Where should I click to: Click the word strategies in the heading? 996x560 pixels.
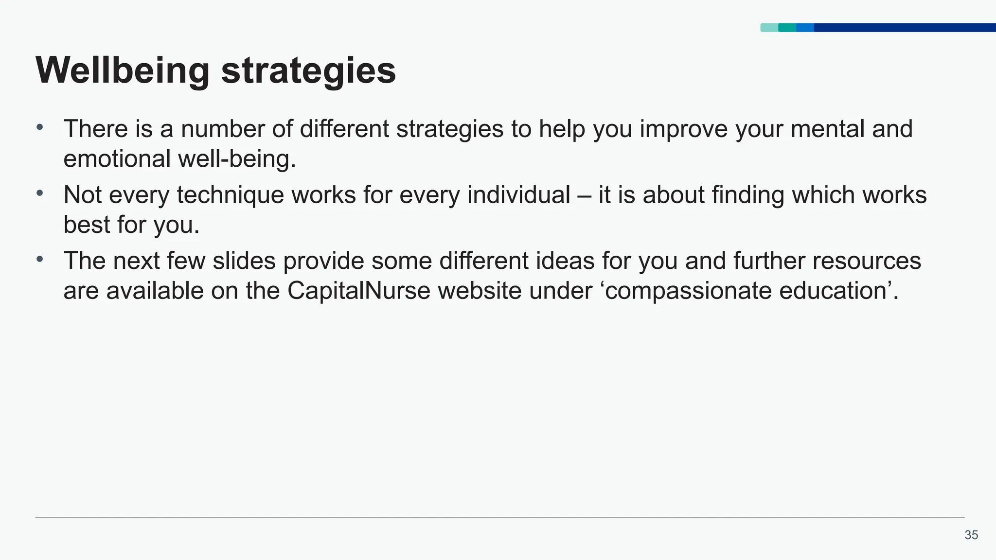click(x=308, y=71)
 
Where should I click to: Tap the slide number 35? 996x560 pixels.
click(x=971, y=535)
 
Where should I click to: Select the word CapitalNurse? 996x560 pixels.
click(x=359, y=291)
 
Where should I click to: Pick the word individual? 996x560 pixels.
click(x=518, y=195)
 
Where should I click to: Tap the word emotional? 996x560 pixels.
click(x=117, y=159)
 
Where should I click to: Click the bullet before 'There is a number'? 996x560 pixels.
click(x=40, y=128)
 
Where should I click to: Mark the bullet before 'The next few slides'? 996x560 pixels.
click(x=40, y=260)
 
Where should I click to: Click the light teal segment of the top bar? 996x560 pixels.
click(x=769, y=28)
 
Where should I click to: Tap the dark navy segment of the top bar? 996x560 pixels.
click(x=905, y=28)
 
